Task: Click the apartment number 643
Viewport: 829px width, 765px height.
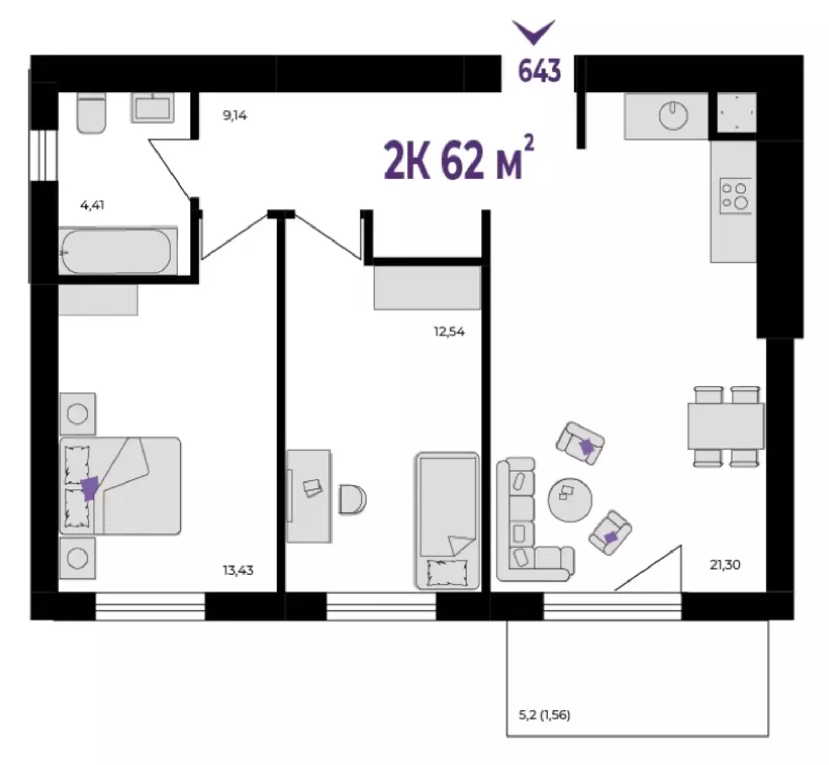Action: click(539, 71)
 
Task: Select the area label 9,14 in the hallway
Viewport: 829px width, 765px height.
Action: click(235, 116)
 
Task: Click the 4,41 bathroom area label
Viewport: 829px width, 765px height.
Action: click(92, 205)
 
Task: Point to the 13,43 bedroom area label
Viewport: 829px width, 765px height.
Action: click(238, 571)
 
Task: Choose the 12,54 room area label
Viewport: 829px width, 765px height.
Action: click(449, 332)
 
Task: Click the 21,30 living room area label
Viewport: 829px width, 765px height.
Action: click(725, 564)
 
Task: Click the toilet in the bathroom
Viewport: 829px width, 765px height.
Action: click(91, 112)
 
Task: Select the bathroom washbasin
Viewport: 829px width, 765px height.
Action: click(152, 108)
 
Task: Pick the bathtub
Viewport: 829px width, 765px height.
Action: click(117, 251)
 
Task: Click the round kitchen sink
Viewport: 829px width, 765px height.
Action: click(673, 115)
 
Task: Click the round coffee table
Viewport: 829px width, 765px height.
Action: click(569, 500)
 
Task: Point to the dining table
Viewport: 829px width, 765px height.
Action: click(725, 426)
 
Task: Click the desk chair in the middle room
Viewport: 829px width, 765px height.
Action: click(353, 499)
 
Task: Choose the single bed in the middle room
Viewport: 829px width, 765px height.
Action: click(447, 520)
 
